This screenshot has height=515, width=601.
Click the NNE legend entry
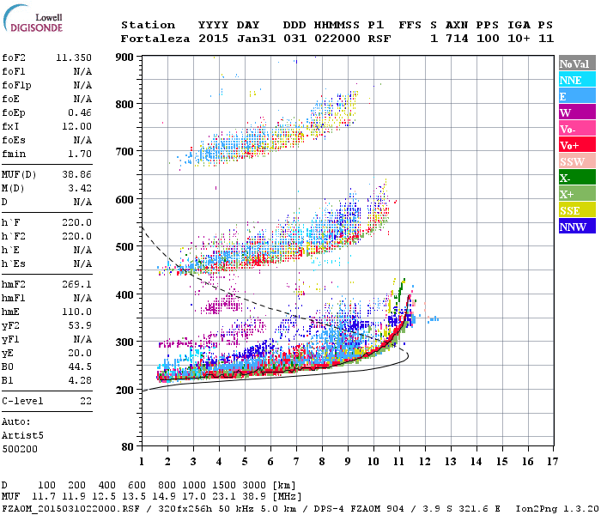tap(576, 80)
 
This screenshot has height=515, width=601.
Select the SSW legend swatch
tap(576, 161)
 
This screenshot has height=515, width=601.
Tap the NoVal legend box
tap(576, 64)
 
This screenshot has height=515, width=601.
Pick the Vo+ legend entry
tap(576, 145)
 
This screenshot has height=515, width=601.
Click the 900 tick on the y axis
tap(124, 58)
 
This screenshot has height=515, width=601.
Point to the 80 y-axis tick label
tap(127, 447)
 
